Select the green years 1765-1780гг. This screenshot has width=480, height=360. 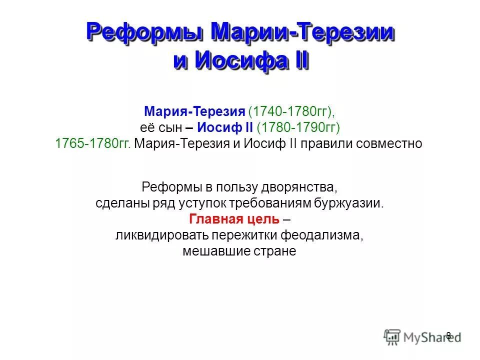pyautogui.click(x=93, y=143)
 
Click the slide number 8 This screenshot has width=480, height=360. pyautogui.click(x=448, y=335)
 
